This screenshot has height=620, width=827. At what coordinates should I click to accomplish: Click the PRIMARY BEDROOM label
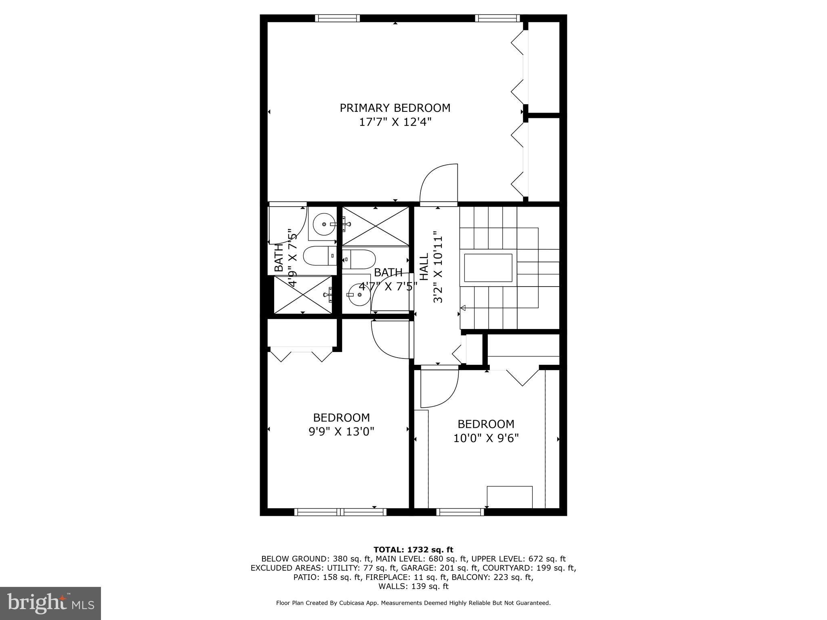pyautogui.click(x=395, y=108)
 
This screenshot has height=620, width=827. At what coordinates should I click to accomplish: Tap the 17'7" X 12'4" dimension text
pyautogui.click(x=395, y=122)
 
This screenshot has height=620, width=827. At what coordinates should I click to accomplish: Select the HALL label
pyautogui.click(x=424, y=267)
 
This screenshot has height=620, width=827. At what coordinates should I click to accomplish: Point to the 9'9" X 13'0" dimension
pyautogui.click(x=341, y=432)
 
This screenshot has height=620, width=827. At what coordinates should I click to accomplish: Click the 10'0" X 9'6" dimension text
pyautogui.click(x=486, y=438)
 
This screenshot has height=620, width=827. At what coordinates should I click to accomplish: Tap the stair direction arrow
pyautogui.click(x=463, y=308)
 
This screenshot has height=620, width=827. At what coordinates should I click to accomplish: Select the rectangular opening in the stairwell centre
pyautogui.click(x=488, y=268)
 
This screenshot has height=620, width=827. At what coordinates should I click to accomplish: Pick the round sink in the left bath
pyautogui.click(x=324, y=224)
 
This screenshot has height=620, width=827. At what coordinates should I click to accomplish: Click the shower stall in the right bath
pyautogui.click(x=376, y=226)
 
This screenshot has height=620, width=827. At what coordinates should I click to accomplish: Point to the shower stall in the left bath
pyautogui.click(x=303, y=294)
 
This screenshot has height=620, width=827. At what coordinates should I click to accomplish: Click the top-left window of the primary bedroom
pyautogui.click(x=337, y=18)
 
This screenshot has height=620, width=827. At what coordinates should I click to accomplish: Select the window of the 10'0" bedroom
pyautogui.click(x=460, y=512)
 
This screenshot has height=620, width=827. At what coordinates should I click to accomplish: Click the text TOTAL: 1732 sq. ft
pyautogui.click(x=413, y=550)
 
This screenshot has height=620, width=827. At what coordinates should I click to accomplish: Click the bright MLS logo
pyautogui.click(x=50, y=603)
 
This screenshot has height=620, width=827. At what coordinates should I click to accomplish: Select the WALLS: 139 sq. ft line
pyautogui.click(x=413, y=586)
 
